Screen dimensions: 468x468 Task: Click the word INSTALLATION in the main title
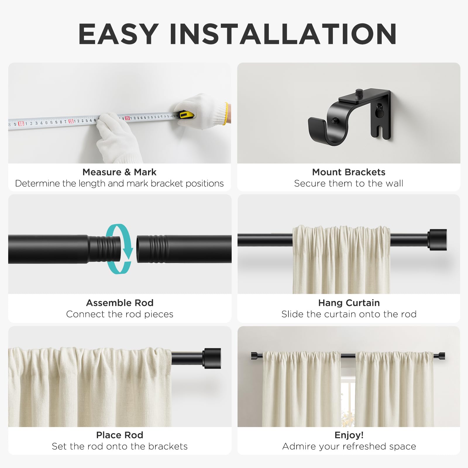[x=283, y=34]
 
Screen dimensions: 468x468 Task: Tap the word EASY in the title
[x=118, y=34]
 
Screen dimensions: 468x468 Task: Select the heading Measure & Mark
[x=119, y=172]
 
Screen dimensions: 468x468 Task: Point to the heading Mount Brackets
[x=349, y=172]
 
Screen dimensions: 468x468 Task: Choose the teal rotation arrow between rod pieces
[x=119, y=249]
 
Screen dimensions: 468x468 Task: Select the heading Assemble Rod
[x=120, y=303]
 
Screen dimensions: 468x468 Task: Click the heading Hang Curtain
[x=349, y=303]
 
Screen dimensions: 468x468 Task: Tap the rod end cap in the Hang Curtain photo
[x=437, y=240]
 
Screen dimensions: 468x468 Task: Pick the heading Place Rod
[x=120, y=435]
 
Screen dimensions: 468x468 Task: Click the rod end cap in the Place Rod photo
[x=212, y=358]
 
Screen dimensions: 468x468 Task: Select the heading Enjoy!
[x=349, y=435]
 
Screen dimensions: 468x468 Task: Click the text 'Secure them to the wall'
[x=349, y=183]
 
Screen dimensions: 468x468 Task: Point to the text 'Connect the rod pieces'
[x=120, y=314]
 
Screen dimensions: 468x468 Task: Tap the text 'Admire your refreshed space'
[x=349, y=446]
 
